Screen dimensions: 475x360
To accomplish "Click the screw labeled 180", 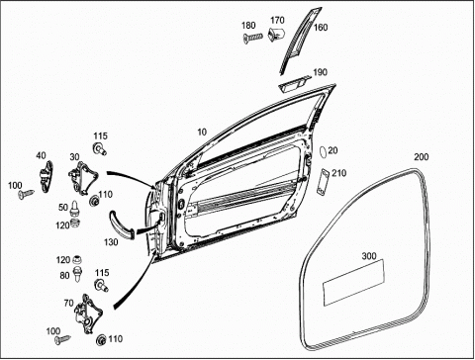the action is [x=252, y=37].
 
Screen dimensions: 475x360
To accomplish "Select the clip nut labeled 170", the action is [x=276, y=34].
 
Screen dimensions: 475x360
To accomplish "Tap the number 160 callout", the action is [x=321, y=27].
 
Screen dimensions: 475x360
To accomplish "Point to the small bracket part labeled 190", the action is [x=294, y=83].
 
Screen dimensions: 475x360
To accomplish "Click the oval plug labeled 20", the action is [x=324, y=152].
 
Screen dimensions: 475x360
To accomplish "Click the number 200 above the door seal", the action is [x=422, y=157].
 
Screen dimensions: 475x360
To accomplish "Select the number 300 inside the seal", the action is [x=369, y=256].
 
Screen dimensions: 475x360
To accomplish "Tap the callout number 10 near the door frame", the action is [x=202, y=133].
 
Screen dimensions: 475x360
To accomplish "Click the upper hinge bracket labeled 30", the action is [x=83, y=178].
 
